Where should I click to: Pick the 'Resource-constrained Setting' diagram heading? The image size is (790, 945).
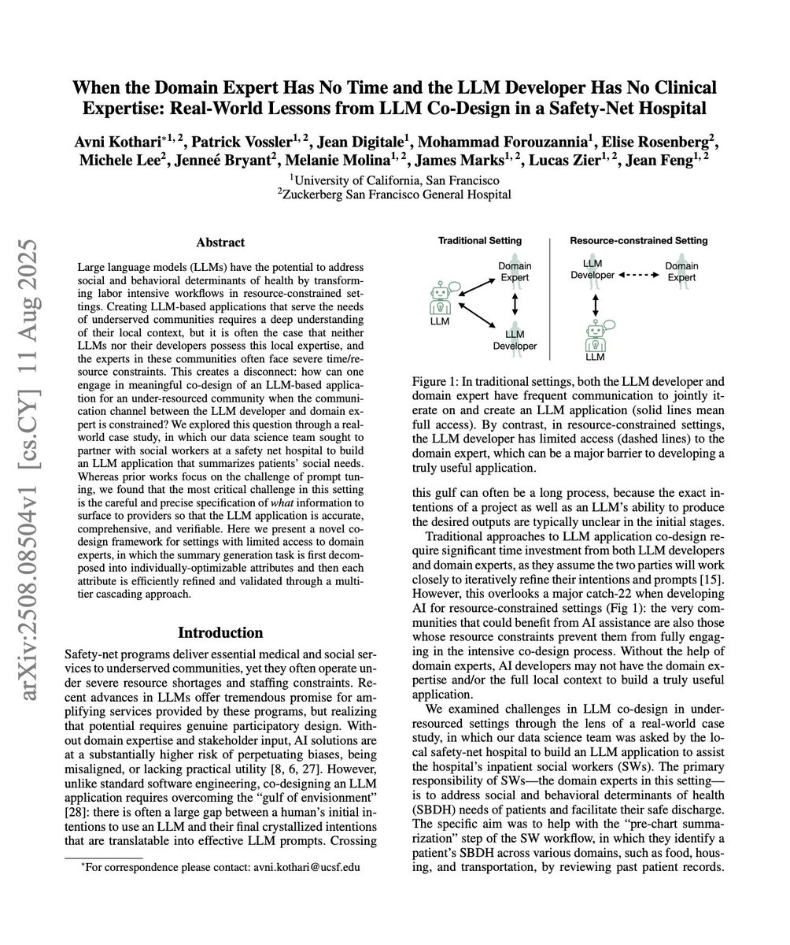[638, 240]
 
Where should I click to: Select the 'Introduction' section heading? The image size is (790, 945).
[221, 632]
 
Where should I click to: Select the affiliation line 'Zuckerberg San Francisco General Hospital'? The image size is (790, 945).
[397, 194]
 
